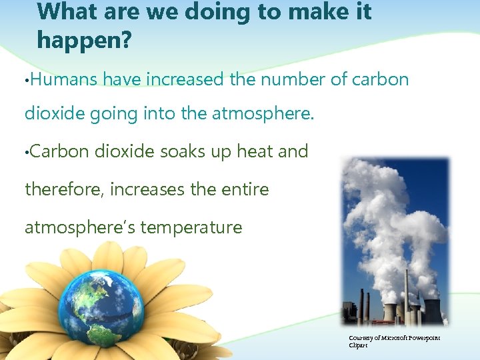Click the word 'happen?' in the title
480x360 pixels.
(x=85, y=40)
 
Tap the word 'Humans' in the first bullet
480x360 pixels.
(x=63, y=79)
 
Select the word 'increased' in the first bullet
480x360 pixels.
(x=183, y=79)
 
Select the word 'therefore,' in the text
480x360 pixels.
(x=63, y=189)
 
